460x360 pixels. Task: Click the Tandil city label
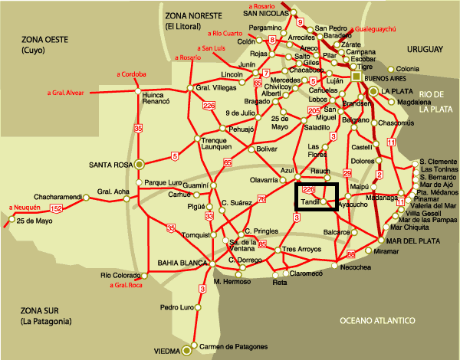[x=310, y=201]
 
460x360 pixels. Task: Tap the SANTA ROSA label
[x=111, y=164]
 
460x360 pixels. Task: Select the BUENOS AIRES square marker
[x=357, y=77]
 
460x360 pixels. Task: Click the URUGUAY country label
[x=421, y=50]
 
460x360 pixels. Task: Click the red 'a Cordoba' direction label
[x=131, y=74]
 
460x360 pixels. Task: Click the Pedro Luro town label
[x=176, y=307]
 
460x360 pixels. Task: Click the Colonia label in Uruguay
[x=429, y=68]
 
